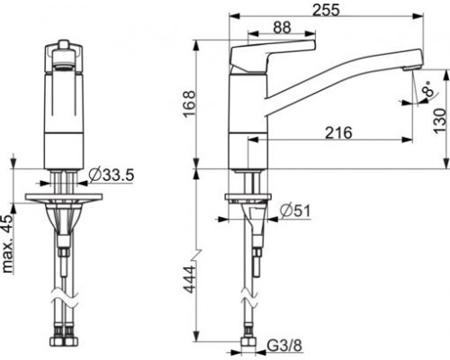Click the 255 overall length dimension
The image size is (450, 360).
point(326,10)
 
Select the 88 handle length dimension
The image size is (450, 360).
point(282,28)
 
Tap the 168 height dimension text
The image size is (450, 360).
point(189,103)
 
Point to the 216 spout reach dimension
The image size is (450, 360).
point(338,132)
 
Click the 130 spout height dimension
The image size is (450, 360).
point(440,121)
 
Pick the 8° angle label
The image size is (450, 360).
point(429,89)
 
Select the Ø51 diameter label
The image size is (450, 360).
point(295,211)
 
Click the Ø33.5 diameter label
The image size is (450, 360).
point(112,175)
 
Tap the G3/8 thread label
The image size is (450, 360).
point(284,346)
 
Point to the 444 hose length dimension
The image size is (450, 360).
point(189,279)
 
